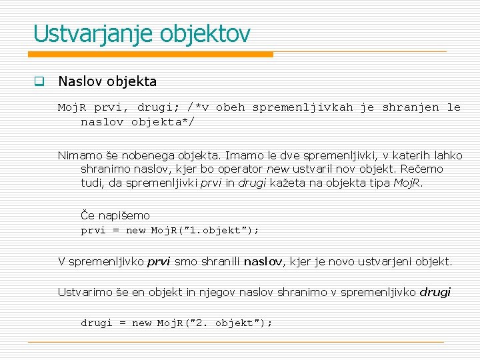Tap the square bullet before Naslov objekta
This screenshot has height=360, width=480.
(x=39, y=83)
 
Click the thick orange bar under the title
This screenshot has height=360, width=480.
(x=153, y=54)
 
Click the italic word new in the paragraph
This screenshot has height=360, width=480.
(x=277, y=169)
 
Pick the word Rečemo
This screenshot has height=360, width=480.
(x=421, y=169)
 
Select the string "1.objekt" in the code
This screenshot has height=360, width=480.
(x=217, y=231)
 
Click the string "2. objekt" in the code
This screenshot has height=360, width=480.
(x=226, y=323)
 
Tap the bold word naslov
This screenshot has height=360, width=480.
(x=264, y=261)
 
